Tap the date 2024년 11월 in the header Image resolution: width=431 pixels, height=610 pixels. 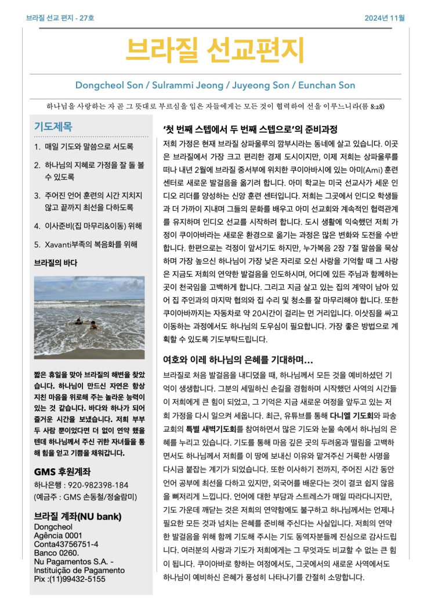tap(385, 18)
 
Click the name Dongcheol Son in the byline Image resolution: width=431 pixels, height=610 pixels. tap(104, 85)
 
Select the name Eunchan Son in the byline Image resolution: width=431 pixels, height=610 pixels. tap(327, 85)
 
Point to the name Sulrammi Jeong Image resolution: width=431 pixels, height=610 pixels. tap(174, 85)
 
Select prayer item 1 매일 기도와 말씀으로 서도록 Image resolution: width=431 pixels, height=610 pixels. tap(84, 147)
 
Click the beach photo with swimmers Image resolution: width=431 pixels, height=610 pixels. tap(89, 317)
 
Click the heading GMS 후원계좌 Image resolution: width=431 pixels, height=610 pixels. tap(62, 472)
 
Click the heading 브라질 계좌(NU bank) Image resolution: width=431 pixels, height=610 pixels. tap(77, 515)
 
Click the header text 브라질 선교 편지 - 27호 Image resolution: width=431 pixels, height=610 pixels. tap(60, 18)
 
